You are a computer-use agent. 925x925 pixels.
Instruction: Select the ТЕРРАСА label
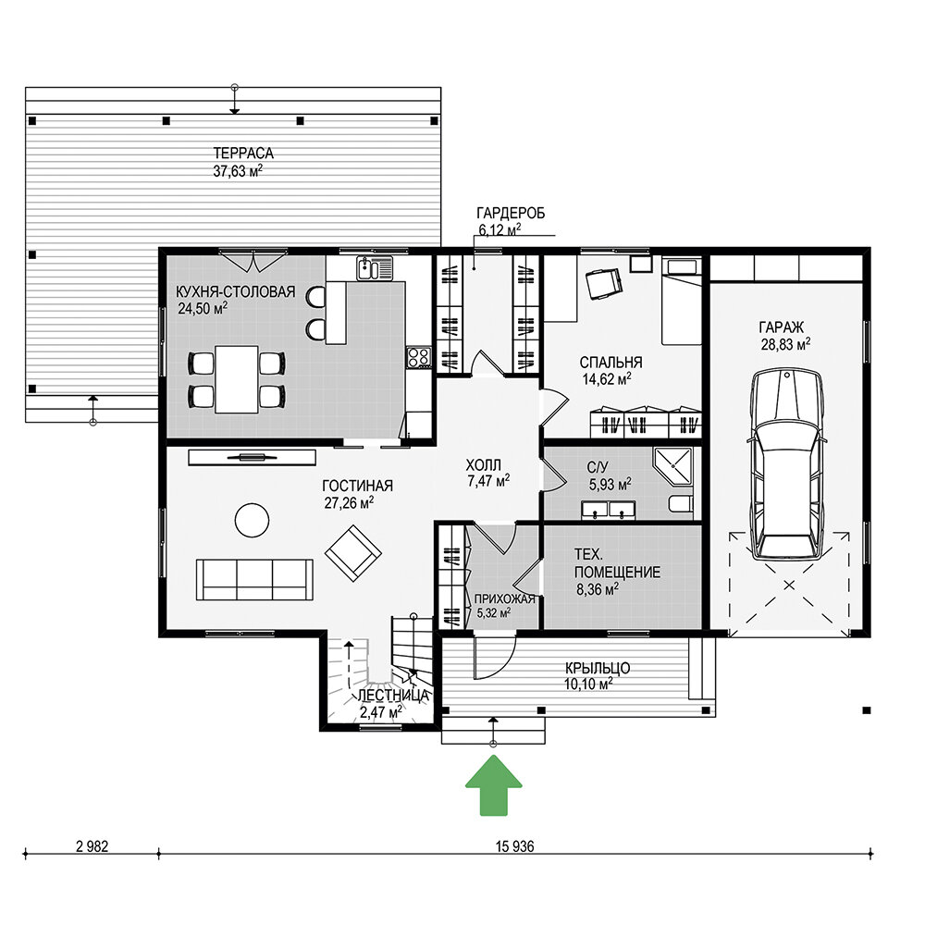(243, 154)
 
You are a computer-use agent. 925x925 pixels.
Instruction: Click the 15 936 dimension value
(514, 846)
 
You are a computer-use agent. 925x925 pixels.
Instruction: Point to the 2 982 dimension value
(92, 846)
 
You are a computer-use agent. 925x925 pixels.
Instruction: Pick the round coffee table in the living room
(252, 520)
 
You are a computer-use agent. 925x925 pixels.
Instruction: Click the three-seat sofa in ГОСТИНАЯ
(254, 580)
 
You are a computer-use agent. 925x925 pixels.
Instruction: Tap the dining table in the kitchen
(236, 379)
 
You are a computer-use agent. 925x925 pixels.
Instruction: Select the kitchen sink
(374, 268)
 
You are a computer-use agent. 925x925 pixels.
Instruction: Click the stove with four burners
(419, 357)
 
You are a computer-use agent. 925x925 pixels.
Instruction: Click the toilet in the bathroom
(682, 504)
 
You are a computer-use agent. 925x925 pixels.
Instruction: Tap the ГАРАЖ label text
(781, 327)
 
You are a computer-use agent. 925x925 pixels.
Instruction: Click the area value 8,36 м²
(597, 588)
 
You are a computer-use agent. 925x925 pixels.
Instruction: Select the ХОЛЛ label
(483, 465)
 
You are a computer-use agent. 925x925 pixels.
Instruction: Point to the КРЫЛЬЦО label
(597, 669)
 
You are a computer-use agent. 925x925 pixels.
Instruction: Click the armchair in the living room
(352, 553)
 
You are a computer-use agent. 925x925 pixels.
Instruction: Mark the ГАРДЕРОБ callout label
(511, 213)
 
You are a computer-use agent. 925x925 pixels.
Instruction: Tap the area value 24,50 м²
(203, 309)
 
